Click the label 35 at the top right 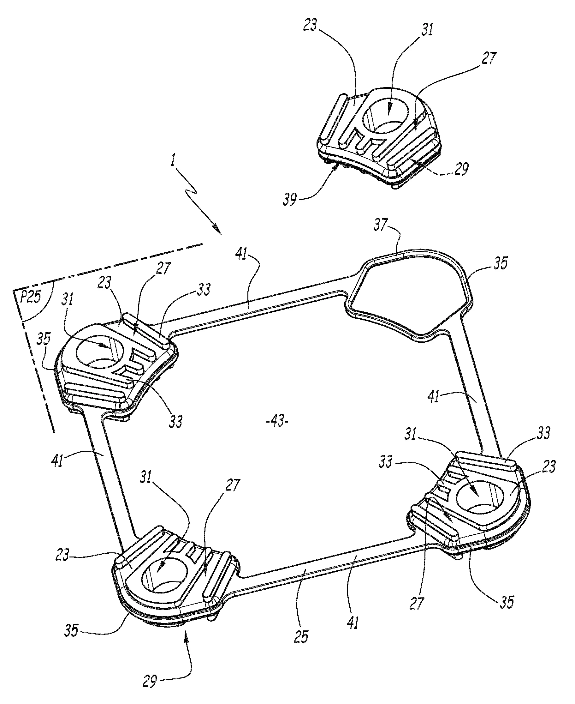tap(500, 263)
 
